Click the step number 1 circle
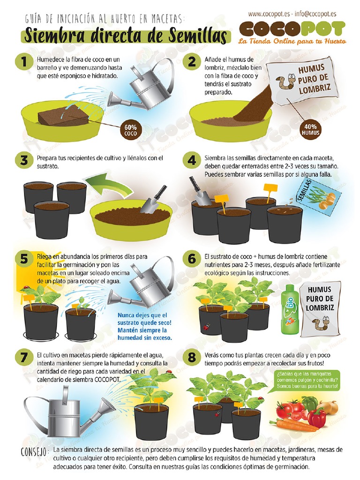pyautogui.click(x=23, y=62)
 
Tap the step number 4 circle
pyautogui.click(x=192, y=161)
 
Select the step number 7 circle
pyautogui.click(x=23, y=357)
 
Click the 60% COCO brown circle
pyautogui.click(x=130, y=130)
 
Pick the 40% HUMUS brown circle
pyautogui.click(x=310, y=130)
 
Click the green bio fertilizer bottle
pyautogui.click(x=288, y=309)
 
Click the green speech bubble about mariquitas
pyautogui.click(x=307, y=380)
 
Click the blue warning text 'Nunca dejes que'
pyautogui.click(x=142, y=315)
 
